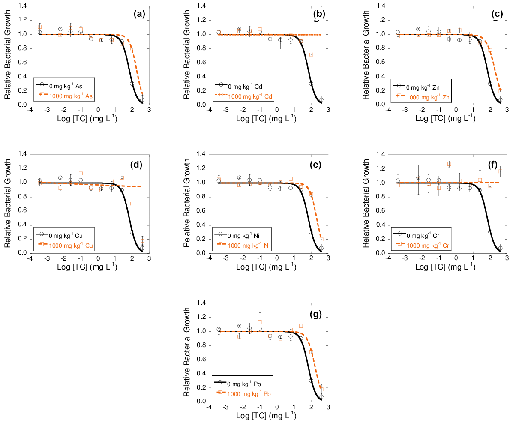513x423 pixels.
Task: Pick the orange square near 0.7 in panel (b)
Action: coord(311,54)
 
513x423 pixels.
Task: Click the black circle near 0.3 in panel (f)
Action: coord(490,232)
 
